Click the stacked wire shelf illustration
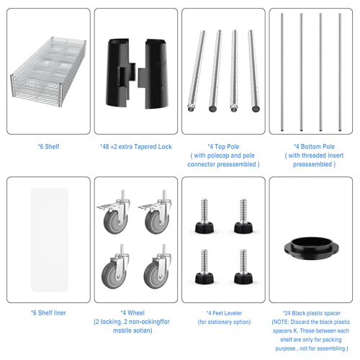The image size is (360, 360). coord(48,72)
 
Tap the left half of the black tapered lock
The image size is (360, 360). coord(120,73)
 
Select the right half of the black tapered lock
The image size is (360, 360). coord(153,74)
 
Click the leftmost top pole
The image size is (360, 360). coord(197,71)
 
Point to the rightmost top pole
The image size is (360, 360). coord(254,71)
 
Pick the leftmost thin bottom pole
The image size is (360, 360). coord(282,72)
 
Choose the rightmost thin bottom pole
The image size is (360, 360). coord(340,72)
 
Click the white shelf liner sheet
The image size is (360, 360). coord(50,240)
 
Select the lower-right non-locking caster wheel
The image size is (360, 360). coord(158,267)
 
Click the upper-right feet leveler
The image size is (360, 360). coord(243,216)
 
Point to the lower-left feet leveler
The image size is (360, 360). coord(204,266)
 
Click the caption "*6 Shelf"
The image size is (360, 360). coord(48,147)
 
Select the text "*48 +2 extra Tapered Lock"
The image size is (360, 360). coord(136,147)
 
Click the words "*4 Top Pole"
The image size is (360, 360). coord(223,147)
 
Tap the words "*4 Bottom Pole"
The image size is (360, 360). coord(314,147)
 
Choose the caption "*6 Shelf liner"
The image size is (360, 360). coord(48,313)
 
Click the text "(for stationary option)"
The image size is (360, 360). coord(224,322)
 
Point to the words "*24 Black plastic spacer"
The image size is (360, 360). coord(312,313)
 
